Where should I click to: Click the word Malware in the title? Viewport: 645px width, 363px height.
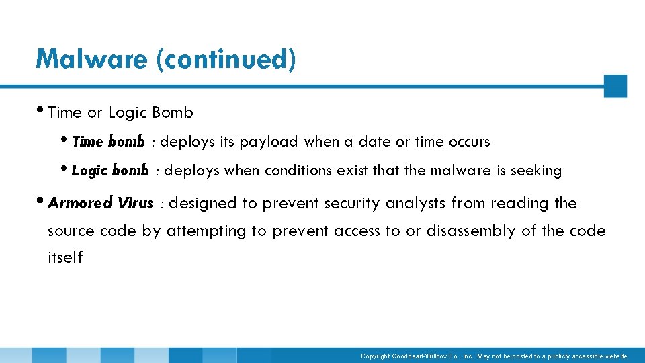tap(92, 59)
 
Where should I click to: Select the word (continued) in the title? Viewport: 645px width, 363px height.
tap(225, 59)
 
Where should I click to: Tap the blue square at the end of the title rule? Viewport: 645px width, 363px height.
tap(615, 86)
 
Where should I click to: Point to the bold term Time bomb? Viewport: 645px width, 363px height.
tap(107, 142)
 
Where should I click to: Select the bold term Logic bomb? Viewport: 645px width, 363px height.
tap(110, 171)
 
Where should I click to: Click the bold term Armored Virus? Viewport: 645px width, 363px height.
tap(101, 203)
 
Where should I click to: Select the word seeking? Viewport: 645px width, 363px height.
tap(536, 171)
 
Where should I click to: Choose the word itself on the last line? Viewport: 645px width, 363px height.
tap(65, 257)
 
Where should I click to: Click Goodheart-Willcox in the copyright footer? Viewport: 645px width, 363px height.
tap(431, 356)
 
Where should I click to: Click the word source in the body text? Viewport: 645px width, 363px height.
tap(71, 231)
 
